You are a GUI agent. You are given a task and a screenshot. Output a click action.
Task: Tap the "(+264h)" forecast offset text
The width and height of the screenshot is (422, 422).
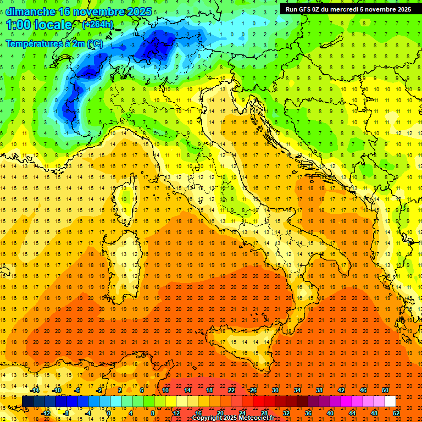(98, 25)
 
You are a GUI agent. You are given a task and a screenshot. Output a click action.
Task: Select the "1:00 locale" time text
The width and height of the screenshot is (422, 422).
(38, 25)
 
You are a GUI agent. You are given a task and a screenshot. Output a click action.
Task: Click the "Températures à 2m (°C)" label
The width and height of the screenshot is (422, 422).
(54, 43)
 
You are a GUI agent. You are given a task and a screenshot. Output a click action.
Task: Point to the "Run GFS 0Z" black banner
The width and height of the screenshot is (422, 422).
(348, 9)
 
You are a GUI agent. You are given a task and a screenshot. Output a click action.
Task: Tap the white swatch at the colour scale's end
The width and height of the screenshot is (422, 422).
(390, 401)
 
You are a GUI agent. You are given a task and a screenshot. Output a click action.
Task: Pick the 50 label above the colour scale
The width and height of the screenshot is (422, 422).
(385, 390)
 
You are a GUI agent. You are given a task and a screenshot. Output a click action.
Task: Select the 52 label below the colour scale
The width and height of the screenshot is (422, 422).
(396, 413)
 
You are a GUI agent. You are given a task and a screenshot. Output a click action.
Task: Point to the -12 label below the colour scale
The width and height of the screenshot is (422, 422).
(46, 413)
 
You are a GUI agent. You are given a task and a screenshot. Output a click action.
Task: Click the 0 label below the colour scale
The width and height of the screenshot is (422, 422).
(109, 413)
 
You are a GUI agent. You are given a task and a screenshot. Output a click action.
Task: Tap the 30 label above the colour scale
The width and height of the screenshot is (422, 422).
(275, 390)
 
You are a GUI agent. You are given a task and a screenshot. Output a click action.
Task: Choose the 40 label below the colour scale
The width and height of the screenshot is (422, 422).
(330, 413)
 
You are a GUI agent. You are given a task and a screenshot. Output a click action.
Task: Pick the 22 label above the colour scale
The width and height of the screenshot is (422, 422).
(231, 390)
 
